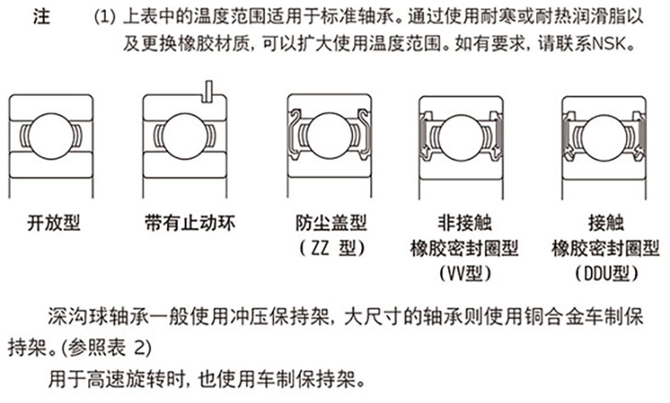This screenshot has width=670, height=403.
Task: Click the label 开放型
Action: point(53,222)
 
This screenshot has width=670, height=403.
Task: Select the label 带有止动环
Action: point(190,222)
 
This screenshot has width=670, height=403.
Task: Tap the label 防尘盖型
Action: point(331,222)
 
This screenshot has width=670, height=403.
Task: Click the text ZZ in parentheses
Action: point(320,248)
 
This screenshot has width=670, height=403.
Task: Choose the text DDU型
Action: point(606,273)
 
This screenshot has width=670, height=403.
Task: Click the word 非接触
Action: point(465,222)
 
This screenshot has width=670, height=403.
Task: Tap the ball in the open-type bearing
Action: point(51,136)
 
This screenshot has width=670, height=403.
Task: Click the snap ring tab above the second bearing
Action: point(209,92)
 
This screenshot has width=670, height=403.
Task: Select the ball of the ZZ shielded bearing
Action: point(329,135)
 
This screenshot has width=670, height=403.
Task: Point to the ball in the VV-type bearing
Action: point(461,137)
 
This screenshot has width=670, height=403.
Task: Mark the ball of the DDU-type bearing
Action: point(604,137)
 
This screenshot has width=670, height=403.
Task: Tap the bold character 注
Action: point(42,17)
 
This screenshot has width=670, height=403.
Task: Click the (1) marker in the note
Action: point(104,17)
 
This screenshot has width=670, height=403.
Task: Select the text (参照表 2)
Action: point(106,349)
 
